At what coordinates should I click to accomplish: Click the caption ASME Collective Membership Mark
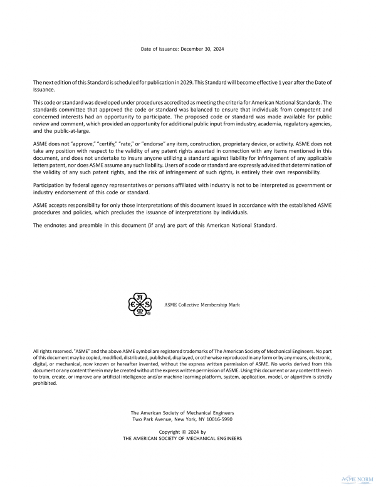coord(202,305)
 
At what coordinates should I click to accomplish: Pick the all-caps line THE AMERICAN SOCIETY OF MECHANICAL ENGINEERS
coord(182,438)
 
